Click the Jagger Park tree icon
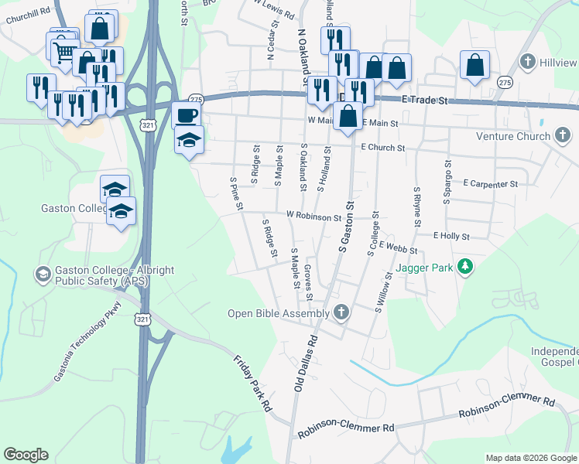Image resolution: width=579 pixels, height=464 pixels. pos(464,267)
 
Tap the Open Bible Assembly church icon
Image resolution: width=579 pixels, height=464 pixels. pos(341,313)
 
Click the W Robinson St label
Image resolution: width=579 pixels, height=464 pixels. pos(313,217)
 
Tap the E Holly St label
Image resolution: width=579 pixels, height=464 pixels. pos(451,235)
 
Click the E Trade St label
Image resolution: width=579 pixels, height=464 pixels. pos(426,100)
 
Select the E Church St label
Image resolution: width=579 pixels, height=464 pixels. pos(382,147)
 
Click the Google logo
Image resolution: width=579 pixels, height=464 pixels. pos(26,455)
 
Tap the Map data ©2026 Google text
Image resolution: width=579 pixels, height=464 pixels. pos(531,458)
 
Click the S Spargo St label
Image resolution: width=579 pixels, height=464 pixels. pos(447,181)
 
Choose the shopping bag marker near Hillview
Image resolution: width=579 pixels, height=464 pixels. pos(474,65)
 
